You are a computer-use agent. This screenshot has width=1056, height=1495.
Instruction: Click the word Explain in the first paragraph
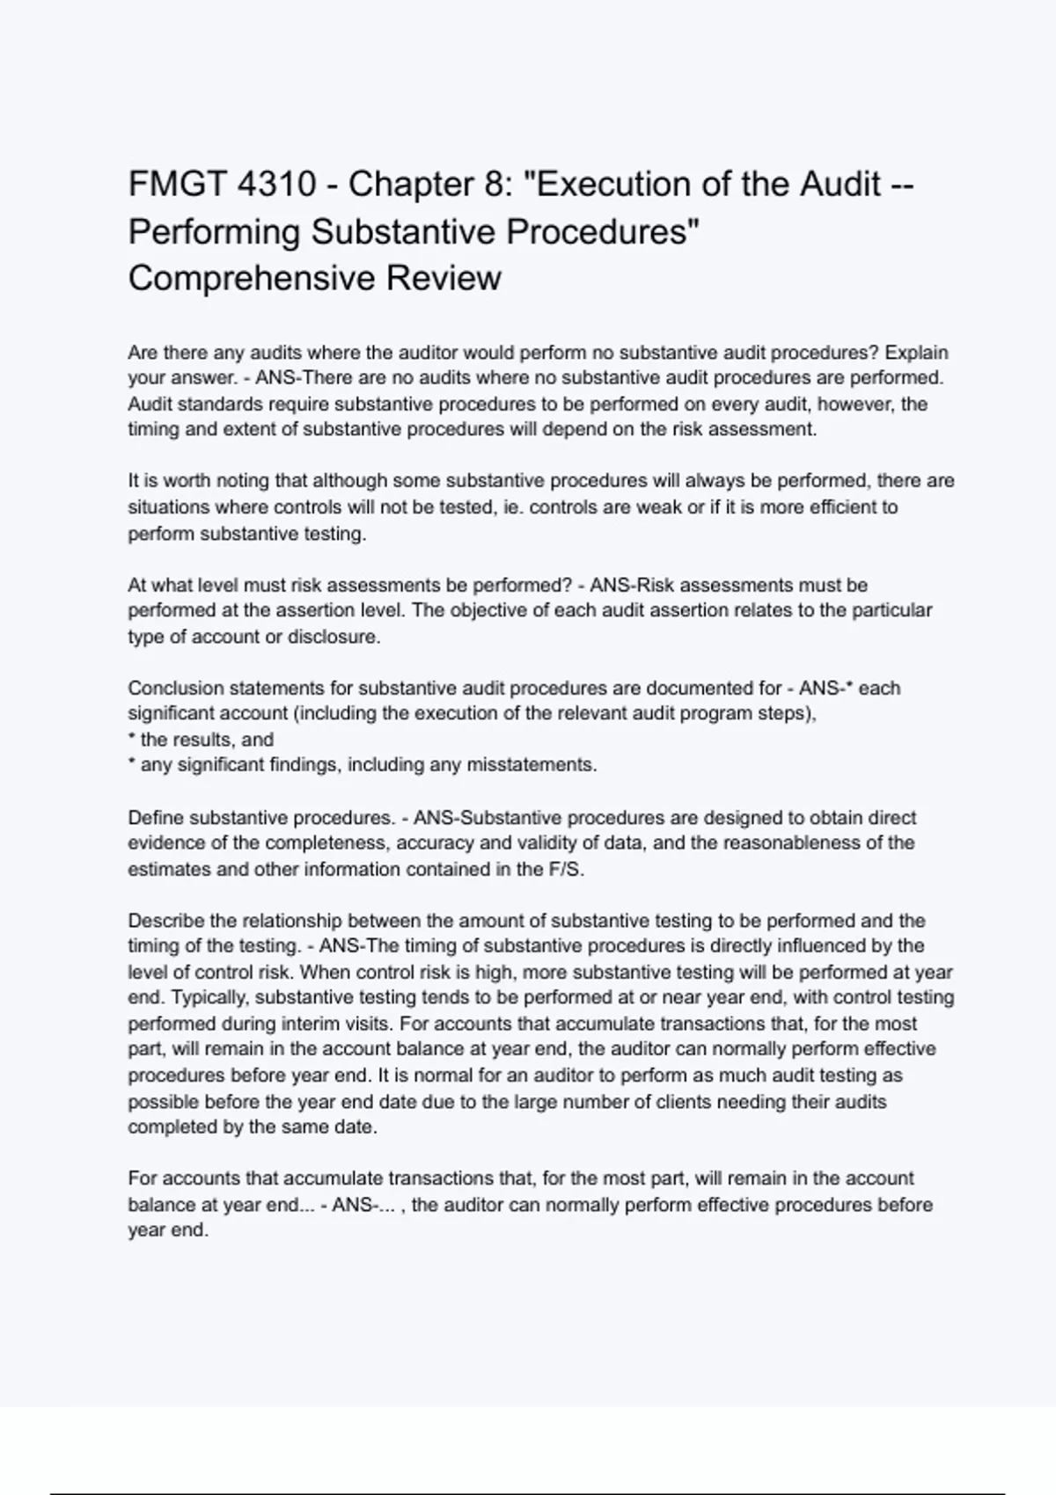point(916,353)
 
